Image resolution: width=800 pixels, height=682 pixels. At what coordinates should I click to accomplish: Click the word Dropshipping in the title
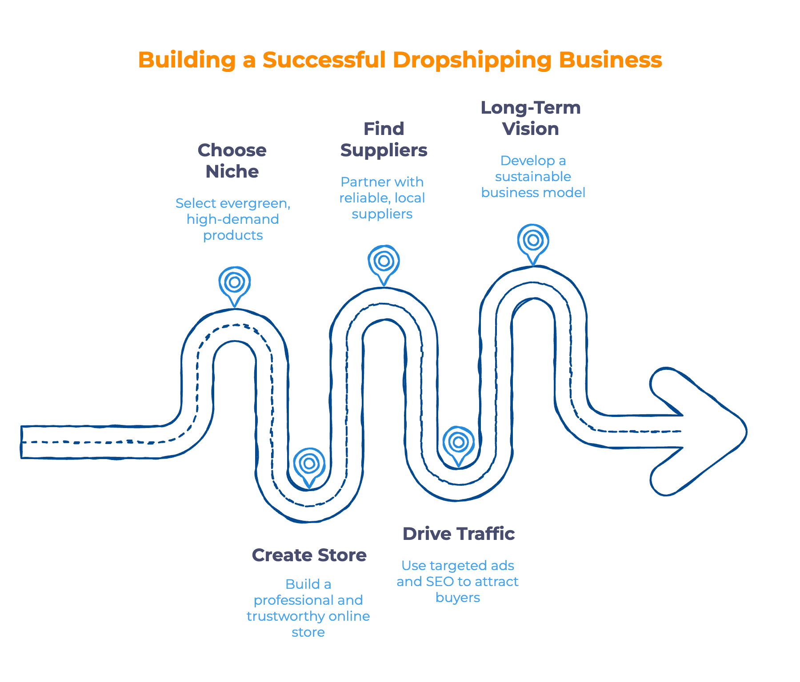coord(472,60)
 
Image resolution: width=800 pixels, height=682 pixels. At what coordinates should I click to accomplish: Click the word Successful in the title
coord(324,59)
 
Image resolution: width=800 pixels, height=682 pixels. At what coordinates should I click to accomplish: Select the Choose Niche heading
coord(232,161)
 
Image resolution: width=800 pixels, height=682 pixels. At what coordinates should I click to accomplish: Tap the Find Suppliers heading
coord(384,139)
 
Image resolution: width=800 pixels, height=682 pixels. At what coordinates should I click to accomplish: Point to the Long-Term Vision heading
coord(531,118)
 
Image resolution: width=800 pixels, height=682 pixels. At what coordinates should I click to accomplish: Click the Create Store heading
coord(309,555)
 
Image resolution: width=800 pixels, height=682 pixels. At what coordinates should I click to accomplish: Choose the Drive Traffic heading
coord(458,534)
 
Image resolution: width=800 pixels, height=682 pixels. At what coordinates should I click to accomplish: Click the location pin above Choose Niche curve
coord(235,283)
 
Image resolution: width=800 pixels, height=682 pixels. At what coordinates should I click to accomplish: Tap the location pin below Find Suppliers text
coord(384,262)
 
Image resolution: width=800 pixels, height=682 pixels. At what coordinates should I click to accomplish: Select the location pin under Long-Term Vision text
coord(533,241)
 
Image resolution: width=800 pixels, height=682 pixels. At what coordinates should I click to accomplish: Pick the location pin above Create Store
coord(309,464)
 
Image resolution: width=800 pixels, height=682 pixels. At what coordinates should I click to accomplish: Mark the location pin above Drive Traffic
coord(458,443)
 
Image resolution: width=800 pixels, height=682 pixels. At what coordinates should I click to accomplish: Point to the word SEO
coord(440,582)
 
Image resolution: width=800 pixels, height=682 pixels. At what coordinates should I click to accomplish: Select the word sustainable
coord(533,177)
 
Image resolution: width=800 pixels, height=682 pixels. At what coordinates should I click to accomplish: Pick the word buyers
coord(458,598)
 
